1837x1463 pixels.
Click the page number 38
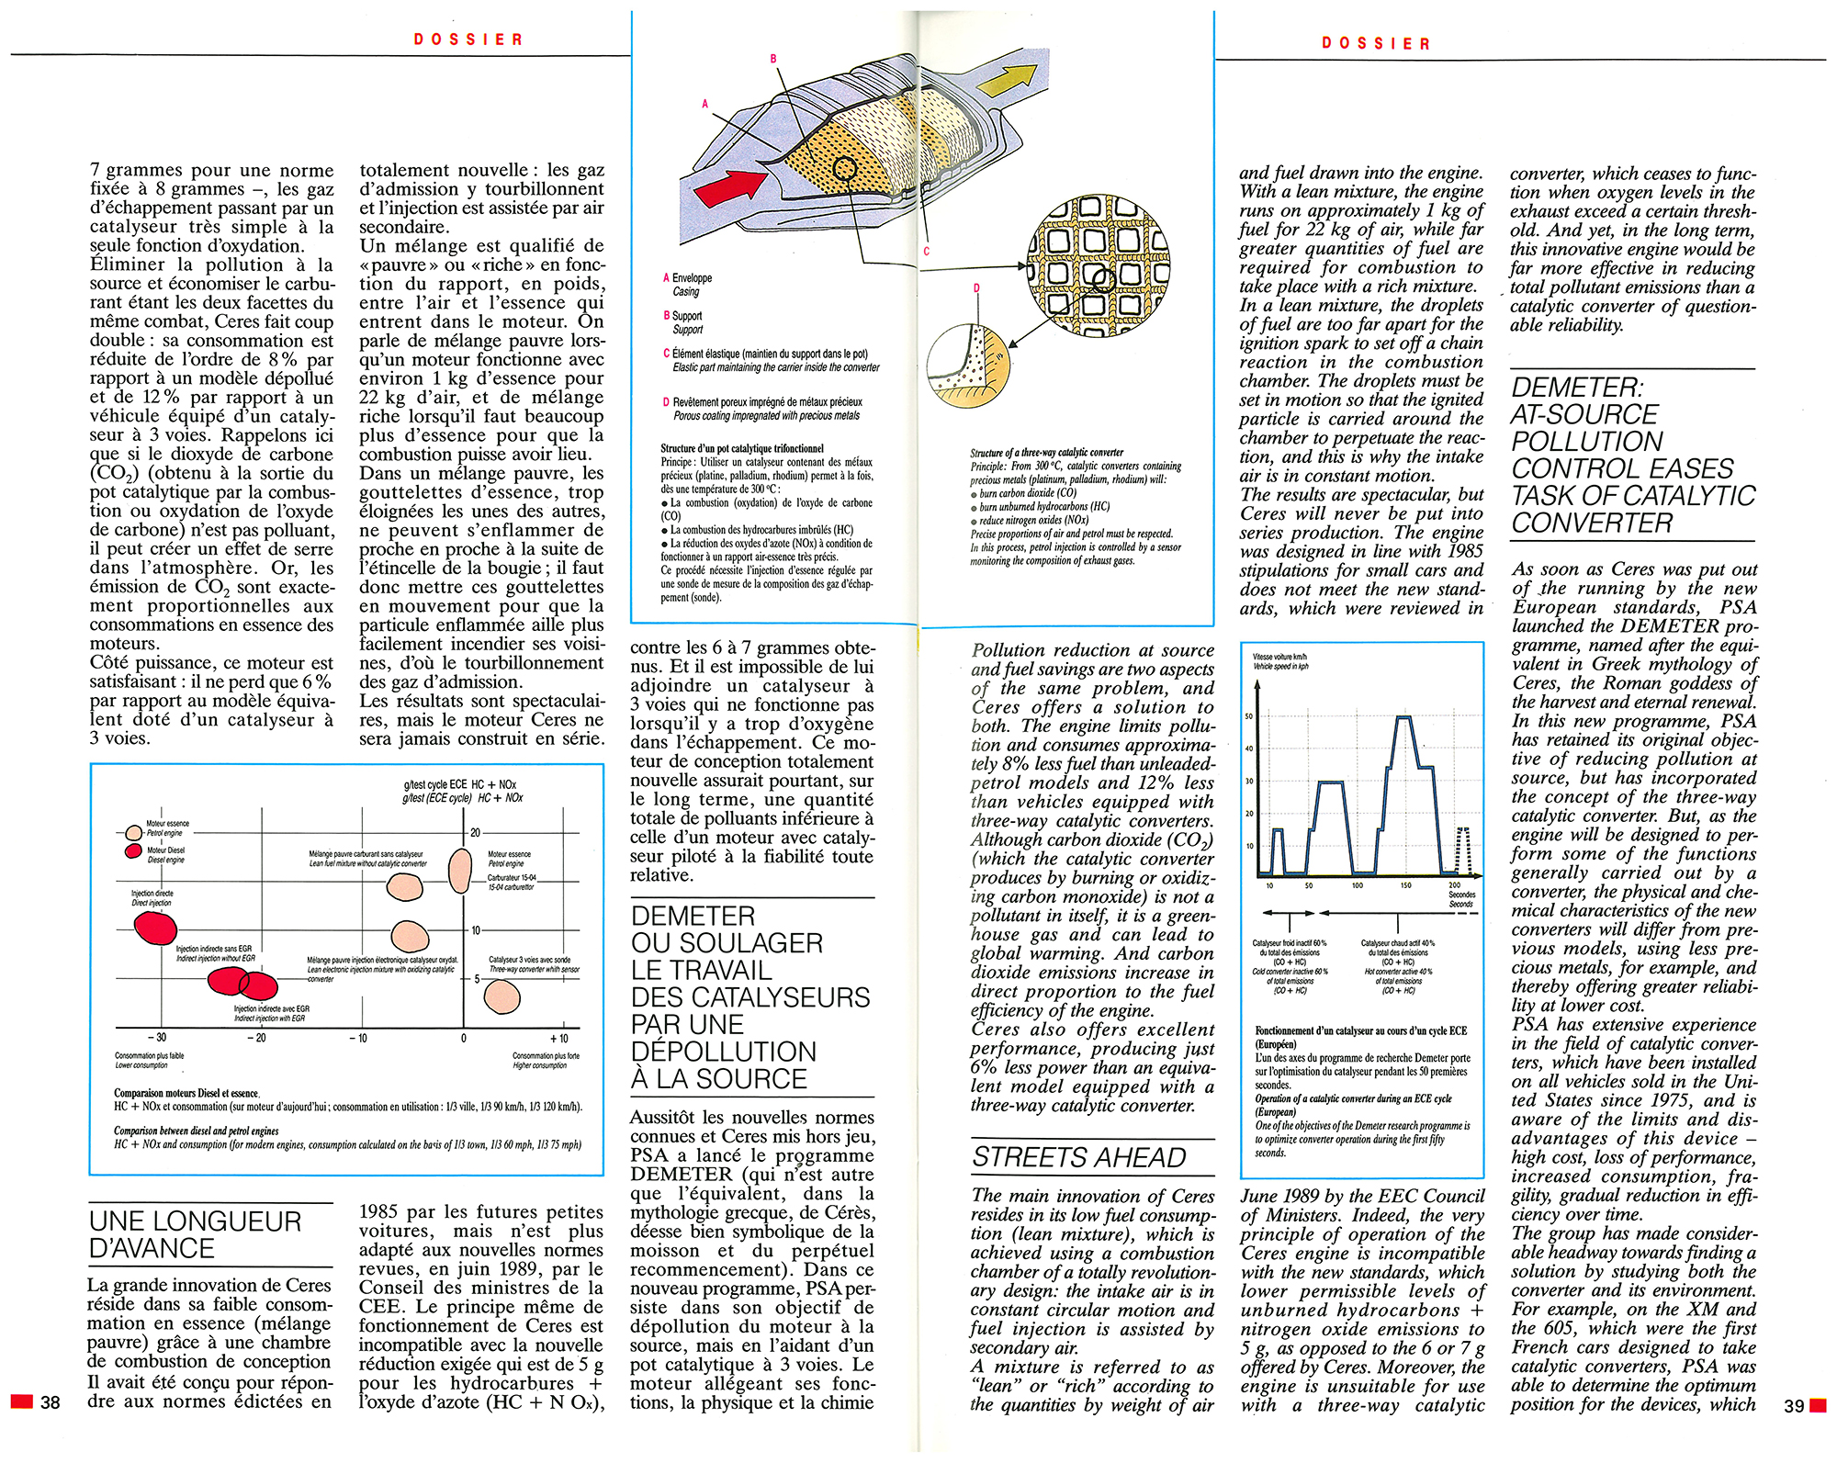pos(50,1402)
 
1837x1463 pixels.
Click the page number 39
pos(1794,1406)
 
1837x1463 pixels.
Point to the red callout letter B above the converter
pos(773,59)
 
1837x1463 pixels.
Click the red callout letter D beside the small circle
pos(976,288)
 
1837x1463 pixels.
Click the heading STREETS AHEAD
pos(1078,1157)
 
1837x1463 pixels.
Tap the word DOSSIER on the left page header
pos(468,39)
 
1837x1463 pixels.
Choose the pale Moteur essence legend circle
pos(134,832)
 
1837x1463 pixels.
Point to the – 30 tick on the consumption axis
pos(157,1038)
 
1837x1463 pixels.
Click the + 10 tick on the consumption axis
pos(558,1038)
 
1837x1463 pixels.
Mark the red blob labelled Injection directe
pos(155,928)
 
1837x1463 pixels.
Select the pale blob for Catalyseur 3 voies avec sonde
pos(502,996)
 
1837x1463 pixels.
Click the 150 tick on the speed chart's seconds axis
pos(1405,886)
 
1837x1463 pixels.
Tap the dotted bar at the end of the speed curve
pos(1463,850)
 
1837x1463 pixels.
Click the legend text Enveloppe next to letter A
pos(692,277)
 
